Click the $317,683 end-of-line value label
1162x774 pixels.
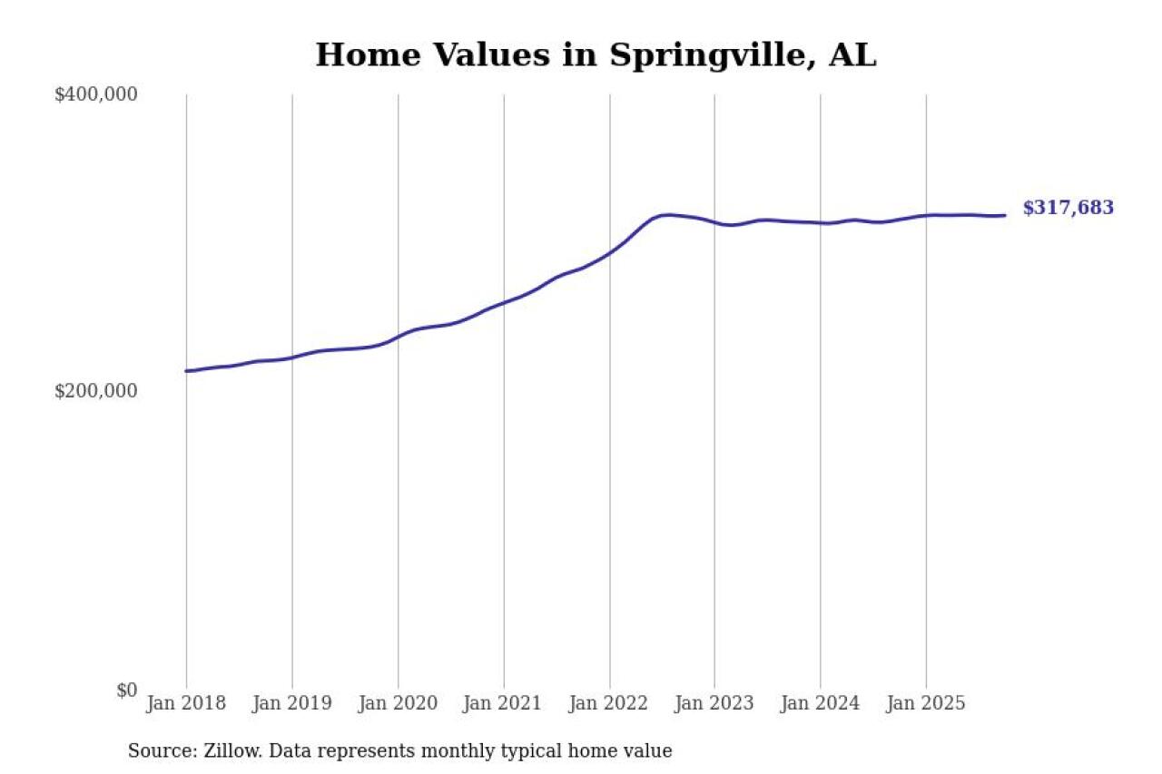coord(1068,208)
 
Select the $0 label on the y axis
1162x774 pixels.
coord(126,690)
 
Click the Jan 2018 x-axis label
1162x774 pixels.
coord(186,703)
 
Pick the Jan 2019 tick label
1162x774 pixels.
coord(291,703)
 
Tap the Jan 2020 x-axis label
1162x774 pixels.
coord(398,703)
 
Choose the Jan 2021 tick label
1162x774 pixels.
coord(503,703)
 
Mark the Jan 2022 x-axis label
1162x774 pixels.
coord(609,703)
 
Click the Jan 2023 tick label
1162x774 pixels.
coord(714,703)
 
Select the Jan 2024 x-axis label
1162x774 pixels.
coord(821,703)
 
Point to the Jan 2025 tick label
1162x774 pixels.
coord(926,703)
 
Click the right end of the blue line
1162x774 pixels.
coord(1005,215)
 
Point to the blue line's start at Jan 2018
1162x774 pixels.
coord(187,371)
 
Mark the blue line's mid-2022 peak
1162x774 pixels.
coord(667,214)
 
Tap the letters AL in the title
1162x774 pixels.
coord(852,55)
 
